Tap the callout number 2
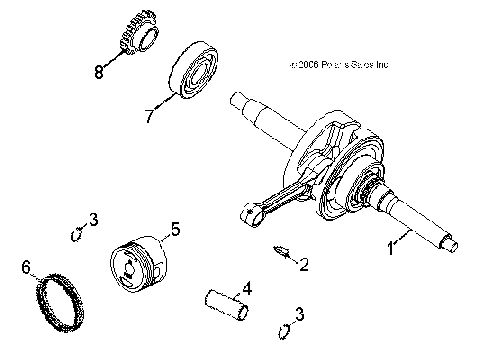coord(303,265)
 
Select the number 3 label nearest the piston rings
coord(92,219)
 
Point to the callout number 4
coord(247,290)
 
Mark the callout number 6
coord(27,267)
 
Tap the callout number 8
coord(98,72)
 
